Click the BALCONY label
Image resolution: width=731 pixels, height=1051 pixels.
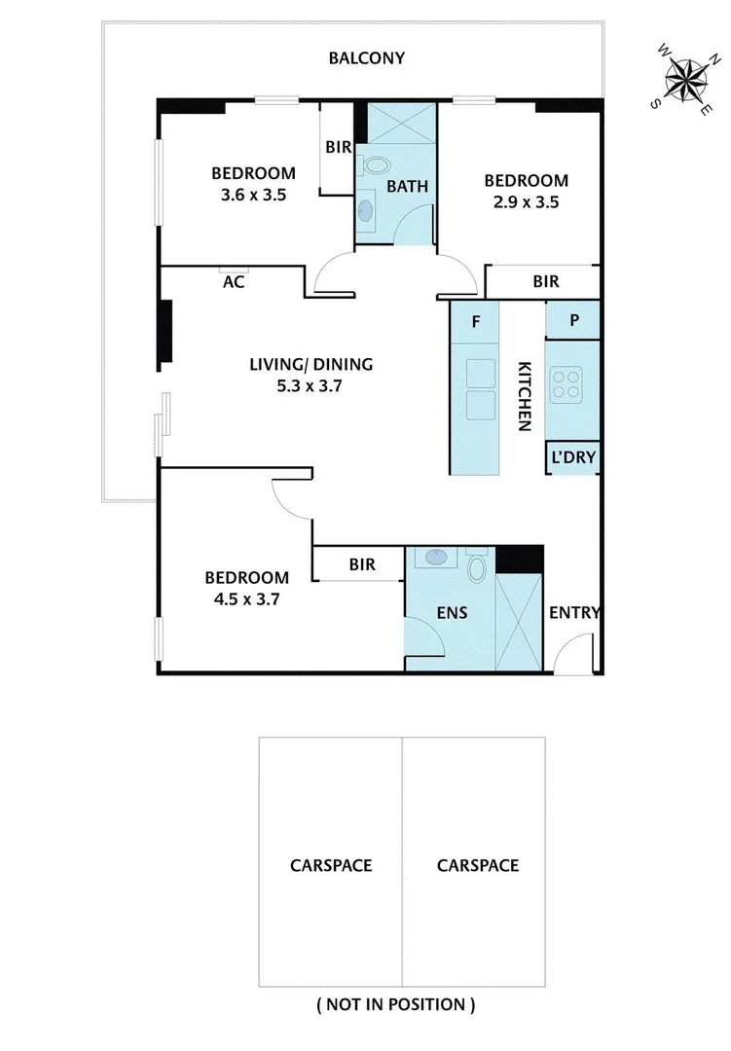coord(366,58)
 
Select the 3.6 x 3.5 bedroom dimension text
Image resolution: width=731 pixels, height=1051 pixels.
coord(253,194)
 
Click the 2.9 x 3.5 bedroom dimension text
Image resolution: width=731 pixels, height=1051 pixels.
coord(526,202)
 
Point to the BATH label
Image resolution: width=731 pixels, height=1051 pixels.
coord(407,186)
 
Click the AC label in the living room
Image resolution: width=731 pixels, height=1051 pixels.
coord(234,283)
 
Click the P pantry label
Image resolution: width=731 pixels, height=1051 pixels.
coord(574,319)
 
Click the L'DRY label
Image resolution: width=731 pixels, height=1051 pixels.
coord(573,457)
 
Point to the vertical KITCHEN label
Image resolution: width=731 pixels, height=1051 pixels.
coord(524,396)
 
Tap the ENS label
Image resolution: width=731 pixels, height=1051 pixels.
coord(453,612)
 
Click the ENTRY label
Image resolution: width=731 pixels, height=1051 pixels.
coord(574,612)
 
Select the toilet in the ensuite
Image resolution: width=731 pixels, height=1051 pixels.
coord(477,566)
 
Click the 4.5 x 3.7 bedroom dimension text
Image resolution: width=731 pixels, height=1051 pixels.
coord(247,599)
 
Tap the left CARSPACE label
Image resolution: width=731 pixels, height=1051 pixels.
coord(330,865)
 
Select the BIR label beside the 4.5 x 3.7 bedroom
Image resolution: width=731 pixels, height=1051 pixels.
coord(362,564)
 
